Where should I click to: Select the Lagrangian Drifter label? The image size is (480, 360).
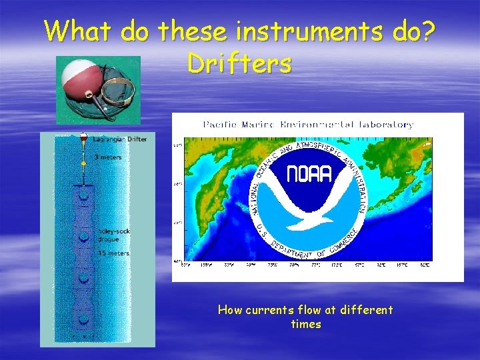(x=120, y=139)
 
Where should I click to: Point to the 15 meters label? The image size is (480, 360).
(x=113, y=253)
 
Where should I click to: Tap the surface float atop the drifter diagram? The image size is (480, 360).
(x=83, y=137)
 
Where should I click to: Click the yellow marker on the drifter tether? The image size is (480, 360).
(x=83, y=162)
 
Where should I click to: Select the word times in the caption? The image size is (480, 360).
(x=306, y=325)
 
